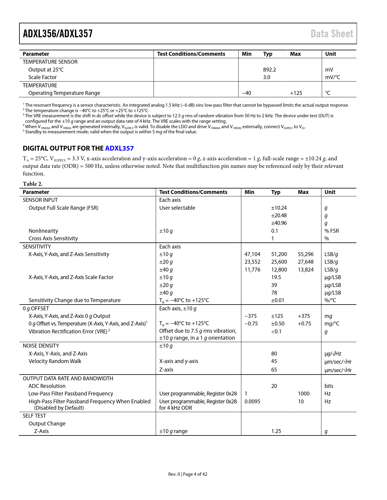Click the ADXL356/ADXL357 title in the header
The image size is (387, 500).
pyautogui.click(x=58, y=34)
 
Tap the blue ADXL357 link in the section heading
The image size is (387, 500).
pyautogui.click(x=119, y=148)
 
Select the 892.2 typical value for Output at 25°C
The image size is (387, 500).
pyautogui.click(x=269, y=70)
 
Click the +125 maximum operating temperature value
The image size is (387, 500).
pyautogui.click(x=296, y=93)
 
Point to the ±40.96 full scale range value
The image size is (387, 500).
pyautogui.click(x=279, y=223)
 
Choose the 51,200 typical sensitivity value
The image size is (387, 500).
pyautogui.click(x=279, y=254)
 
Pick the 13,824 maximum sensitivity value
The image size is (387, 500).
pyautogui.click(x=306, y=270)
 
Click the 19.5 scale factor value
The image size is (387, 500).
pyautogui.click(x=276, y=277)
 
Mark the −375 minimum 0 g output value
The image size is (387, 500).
pyautogui.click(x=250, y=316)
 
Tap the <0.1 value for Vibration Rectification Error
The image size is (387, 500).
pyautogui.click(x=276, y=332)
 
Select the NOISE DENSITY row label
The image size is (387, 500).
pyautogui.click(x=41, y=346)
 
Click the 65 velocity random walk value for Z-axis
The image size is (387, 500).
pyautogui.click(x=274, y=370)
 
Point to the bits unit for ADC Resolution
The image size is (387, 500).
pyautogui.click(x=329, y=386)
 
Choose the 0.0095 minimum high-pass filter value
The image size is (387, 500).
pyautogui.click(x=252, y=402)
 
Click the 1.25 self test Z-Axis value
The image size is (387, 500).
pyautogui.click(x=276, y=431)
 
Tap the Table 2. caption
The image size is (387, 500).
pyautogui.click(x=33, y=184)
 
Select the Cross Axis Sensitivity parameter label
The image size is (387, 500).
pyautogui.click(x=53, y=238)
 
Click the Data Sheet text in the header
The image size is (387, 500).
pyautogui.click(x=332, y=34)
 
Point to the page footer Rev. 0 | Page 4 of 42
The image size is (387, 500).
pyautogui.click(x=188, y=474)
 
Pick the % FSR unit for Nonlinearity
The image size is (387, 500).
pyautogui.click(x=331, y=231)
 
